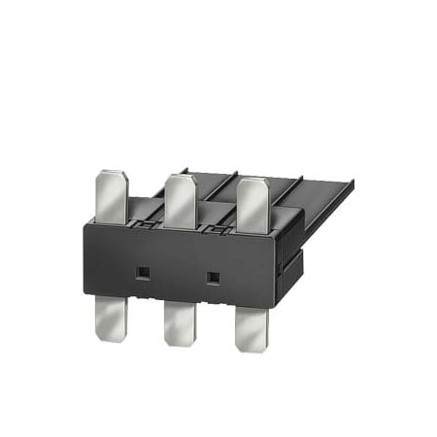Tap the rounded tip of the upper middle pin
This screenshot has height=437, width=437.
point(177,178)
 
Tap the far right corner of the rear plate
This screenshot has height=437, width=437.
point(351,182)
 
